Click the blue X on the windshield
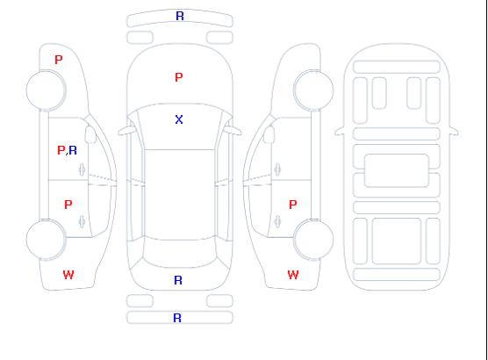point(179,119)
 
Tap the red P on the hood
point(179,77)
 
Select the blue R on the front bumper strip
point(180,16)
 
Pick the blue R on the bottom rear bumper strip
point(177,318)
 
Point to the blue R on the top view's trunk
point(178,280)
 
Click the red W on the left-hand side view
point(68,275)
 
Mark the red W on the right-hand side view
point(293,275)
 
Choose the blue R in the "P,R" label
point(73,150)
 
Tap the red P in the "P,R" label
point(61,150)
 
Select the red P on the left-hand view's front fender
point(59,60)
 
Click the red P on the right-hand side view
point(293,205)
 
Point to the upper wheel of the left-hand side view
point(46,90)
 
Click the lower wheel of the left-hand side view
point(46,240)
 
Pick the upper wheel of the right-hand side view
point(313,90)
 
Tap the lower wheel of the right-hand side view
point(313,240)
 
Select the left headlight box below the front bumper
point(140,38)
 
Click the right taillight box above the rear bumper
point(219,301)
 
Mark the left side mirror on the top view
point(126,131)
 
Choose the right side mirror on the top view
point(233,131)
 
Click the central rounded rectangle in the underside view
point(397,170)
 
